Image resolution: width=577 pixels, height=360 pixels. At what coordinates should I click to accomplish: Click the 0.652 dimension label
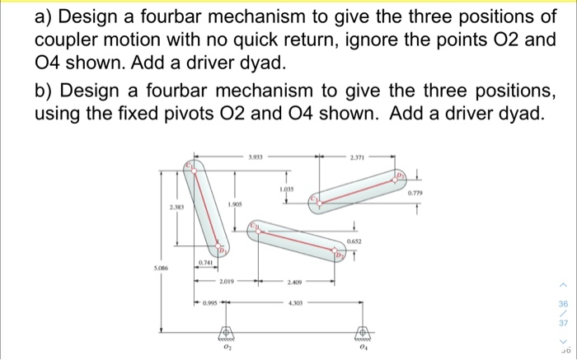point(356,240)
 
